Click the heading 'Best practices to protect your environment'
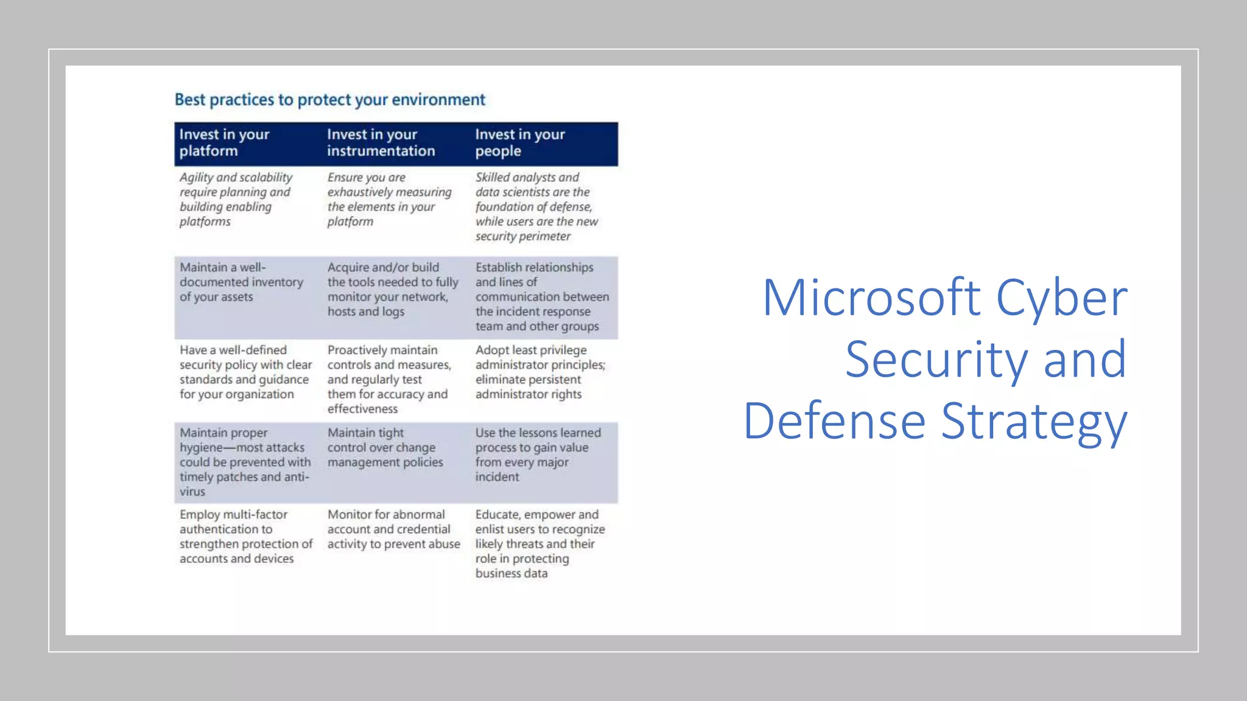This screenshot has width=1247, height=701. coord(329,99)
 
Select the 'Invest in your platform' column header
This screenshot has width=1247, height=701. coord(224,142)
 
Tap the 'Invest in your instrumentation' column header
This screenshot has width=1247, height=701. coord(381,142)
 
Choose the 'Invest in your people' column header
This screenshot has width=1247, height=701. coord(520,142)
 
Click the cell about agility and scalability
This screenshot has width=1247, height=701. coord(236,199)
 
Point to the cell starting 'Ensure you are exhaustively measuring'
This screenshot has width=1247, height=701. coord(389,199)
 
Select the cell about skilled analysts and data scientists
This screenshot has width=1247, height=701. coord(536,206)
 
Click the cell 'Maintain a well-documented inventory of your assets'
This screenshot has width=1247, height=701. coord(241,282)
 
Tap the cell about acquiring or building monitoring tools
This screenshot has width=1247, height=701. coord(392,289)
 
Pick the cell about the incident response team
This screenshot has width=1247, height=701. coord(541,296)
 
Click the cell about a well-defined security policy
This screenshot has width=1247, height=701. coord(245,372)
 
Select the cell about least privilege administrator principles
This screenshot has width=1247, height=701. coord(540,372)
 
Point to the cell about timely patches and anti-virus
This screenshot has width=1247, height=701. coord(245,462)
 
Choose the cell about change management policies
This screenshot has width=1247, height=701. coord(385,447)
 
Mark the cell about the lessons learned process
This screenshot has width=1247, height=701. coord(538,455)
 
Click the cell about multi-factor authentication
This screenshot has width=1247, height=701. coord(245,536)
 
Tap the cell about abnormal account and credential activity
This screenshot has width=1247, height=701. coord(393,529)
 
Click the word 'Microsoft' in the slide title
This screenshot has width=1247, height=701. coord(871,298)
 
